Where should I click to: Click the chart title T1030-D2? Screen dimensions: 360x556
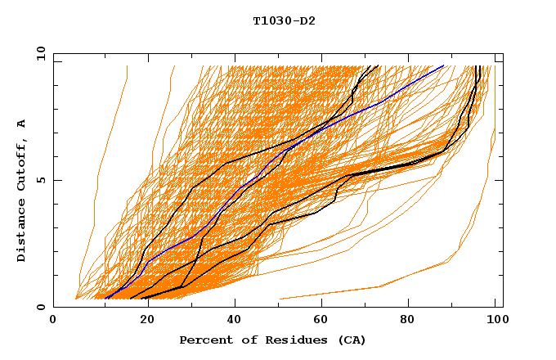284,21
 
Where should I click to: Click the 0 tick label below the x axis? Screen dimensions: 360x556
54,320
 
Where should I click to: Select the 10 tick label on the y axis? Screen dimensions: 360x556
38,52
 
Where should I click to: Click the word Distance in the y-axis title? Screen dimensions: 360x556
22,232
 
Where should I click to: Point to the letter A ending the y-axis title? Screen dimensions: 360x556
22,123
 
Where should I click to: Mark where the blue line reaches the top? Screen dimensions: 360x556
442,66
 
